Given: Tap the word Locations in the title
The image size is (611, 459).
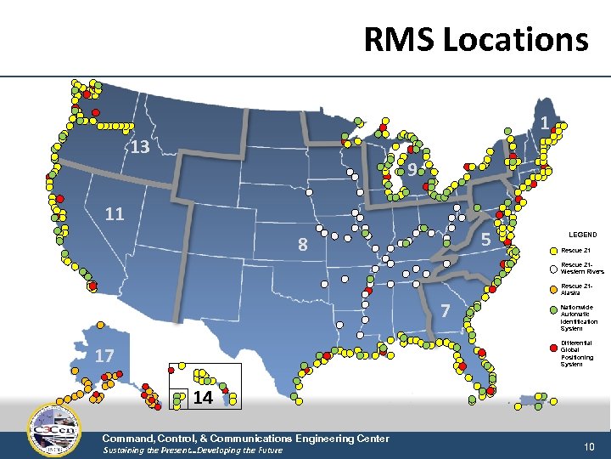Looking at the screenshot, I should point(522,39).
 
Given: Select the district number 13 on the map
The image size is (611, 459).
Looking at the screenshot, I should point(140,148).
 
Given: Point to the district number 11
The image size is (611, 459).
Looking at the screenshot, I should point(115,213).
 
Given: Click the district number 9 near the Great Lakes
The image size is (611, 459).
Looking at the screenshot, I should point(411,170).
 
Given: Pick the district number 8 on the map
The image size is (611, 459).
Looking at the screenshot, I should point(302,246).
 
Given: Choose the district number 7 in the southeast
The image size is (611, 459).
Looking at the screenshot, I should point(446,312).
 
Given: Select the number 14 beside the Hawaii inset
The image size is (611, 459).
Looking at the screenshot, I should point(203,397).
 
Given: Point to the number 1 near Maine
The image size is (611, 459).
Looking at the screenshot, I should point(544,123).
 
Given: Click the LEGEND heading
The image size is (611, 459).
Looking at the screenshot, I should point(582,235).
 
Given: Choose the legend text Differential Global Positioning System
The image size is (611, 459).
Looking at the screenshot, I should point(579,353).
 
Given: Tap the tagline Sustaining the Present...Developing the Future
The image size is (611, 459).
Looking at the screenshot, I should point(193,450).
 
